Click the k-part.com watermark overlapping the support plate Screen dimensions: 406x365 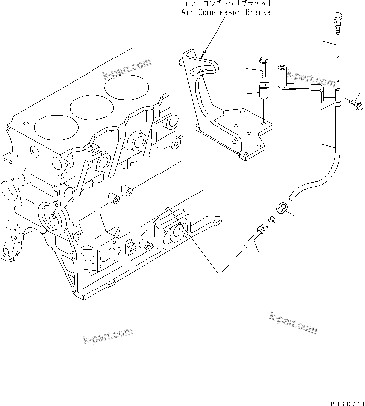click(304, 78)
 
